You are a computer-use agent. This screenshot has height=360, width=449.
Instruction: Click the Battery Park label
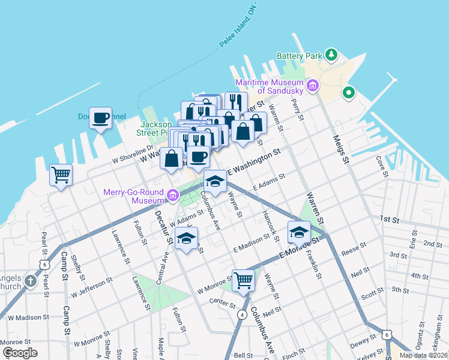point(299,56)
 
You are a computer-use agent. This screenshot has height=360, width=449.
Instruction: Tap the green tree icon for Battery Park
point(331,55)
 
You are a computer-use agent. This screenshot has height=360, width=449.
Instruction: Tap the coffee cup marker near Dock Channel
point(101,118)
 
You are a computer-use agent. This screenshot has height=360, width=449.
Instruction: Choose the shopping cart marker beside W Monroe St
point(243,280)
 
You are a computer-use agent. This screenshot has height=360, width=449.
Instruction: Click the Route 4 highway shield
point(241,314)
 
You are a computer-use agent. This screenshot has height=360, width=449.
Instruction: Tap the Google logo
point(20,352)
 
